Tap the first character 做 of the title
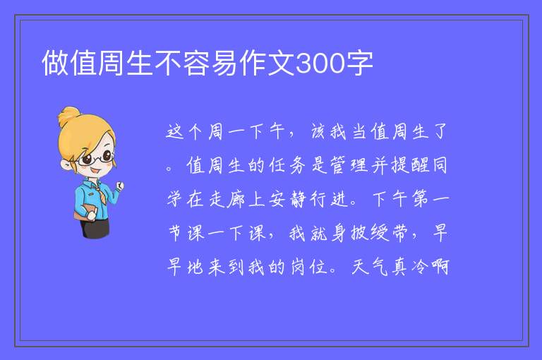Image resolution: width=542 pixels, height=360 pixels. point(55,63)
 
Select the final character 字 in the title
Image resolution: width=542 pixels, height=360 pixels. point(359,63)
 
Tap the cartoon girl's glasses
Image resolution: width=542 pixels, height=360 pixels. point(96,158)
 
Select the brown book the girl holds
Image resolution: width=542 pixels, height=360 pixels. point(84,212)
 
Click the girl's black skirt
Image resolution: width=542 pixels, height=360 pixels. point(95,228)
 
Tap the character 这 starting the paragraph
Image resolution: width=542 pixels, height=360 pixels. point(174,131)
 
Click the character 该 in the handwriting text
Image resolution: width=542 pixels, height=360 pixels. point(318,131)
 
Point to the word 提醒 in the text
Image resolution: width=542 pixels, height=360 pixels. point(410,165)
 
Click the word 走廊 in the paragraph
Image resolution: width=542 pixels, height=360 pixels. point(227,199)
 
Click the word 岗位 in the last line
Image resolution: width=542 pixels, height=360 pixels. point(308,267)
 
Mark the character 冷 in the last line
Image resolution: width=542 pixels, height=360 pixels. point(420,267)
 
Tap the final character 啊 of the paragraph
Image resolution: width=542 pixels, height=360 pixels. point(440,267)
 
